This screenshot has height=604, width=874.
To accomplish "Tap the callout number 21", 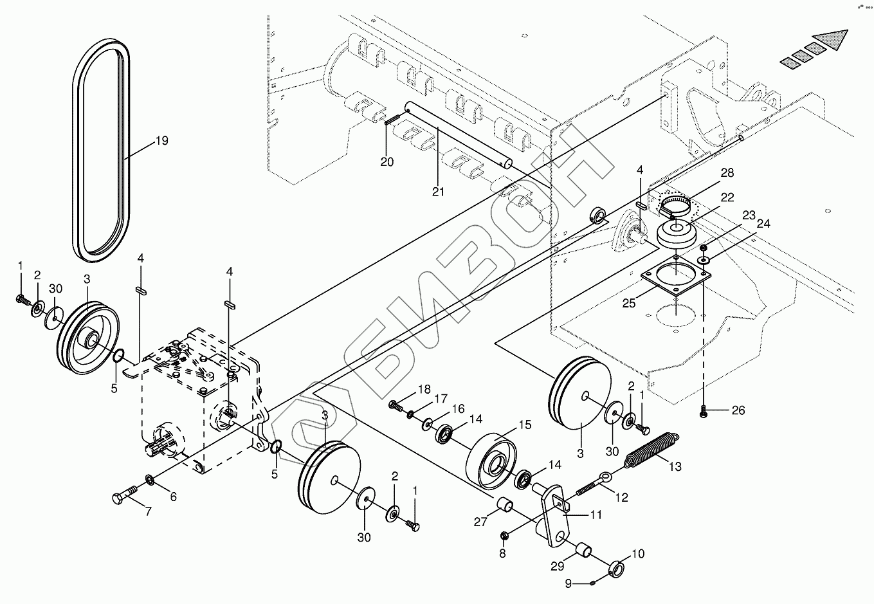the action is click(438, 192).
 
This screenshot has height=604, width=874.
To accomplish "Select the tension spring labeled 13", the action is click(651, 449).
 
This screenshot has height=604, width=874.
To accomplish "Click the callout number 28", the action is click(727, 172).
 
